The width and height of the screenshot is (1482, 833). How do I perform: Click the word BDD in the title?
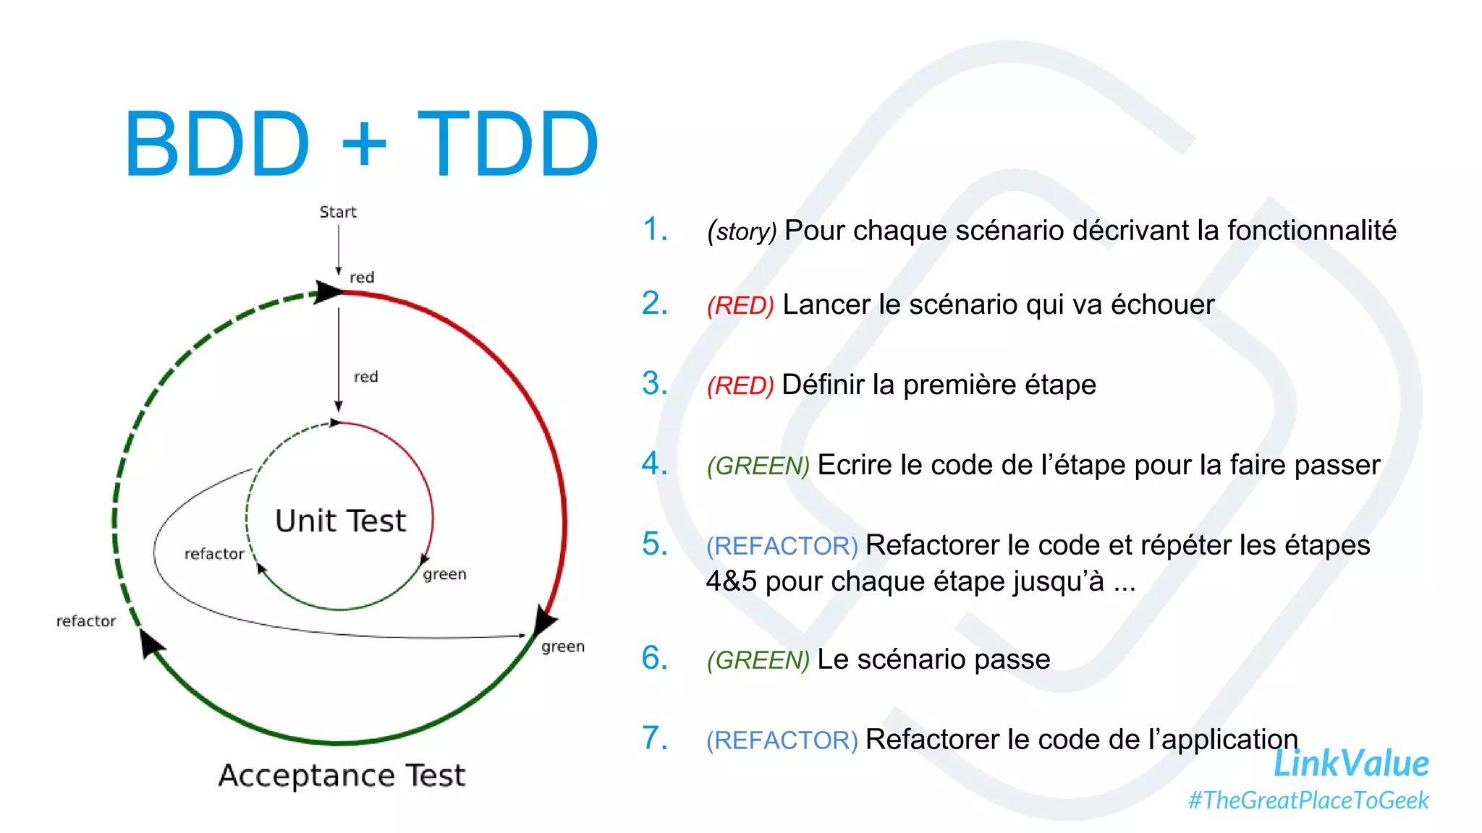click(217, 144)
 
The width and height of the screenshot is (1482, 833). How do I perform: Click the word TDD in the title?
click(508, 144)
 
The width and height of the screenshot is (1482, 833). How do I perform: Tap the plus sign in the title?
click(365, 144)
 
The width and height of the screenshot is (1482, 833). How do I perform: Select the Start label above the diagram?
click(338, 212)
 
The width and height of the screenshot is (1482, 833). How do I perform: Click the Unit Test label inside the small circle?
click(341, 521)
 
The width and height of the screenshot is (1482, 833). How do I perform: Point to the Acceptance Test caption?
click(342, 775)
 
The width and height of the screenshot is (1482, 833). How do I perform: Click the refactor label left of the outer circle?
click(86, 621)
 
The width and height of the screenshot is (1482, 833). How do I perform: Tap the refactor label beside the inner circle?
click(214, 554)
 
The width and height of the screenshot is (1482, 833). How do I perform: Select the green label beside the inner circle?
click(444, 574)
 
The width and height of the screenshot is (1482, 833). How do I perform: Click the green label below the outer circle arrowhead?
click(562, 646)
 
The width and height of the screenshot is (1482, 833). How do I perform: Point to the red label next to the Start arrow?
click(362, 278)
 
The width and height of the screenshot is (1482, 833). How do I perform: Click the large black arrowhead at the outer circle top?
click(326, 292)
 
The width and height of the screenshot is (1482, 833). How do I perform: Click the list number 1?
click(654, 229)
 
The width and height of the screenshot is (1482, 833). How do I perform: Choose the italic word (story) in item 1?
click(742, 231)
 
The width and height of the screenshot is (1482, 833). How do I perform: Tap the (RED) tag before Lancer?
click(740, 306)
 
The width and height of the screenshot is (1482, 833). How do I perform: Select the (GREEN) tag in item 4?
click(758, 466)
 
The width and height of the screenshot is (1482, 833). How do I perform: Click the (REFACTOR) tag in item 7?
click(782, 740)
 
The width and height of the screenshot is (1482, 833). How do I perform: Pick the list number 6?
click(654, 658)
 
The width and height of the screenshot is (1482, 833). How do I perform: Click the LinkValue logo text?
click(1350, 764)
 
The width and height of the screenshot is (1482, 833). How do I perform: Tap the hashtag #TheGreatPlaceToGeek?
click(1308, 800)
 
